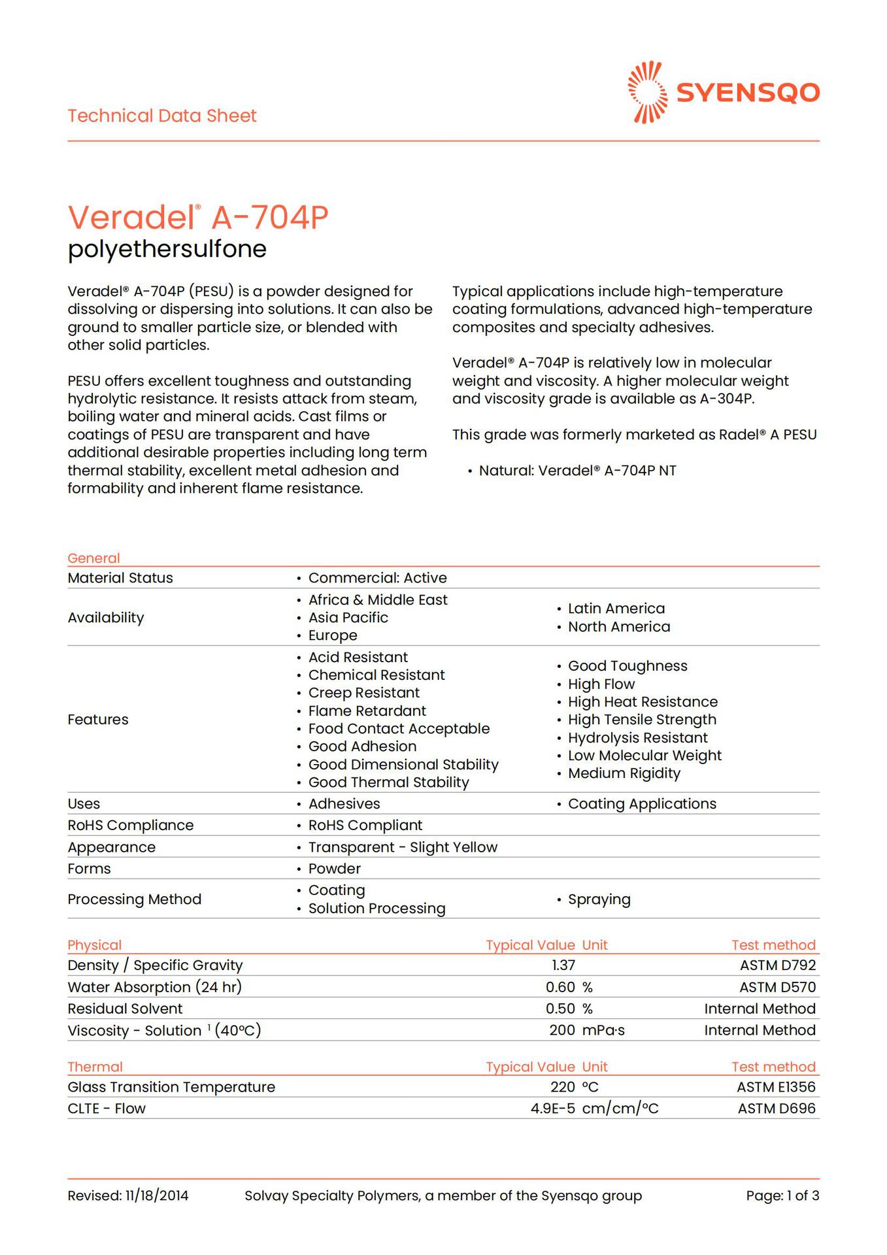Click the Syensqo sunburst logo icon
click(x=647, y=92)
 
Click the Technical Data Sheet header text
click(x=162, y=116)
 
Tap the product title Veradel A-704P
click(x=198, y=217)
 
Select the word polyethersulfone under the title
click(x=167, y=249)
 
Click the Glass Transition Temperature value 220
click(x=562, y=1086)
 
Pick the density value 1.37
click(x=563, y=965)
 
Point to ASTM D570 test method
click(x=777, y=987)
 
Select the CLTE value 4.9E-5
click(x=552, y=1108)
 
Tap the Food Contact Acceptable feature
click(x=399, y=728)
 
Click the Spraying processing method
click(x=599, y=899)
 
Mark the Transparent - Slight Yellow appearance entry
click(x=403, y=847)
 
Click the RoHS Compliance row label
click(x=131, y=825)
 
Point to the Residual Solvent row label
click(x=125, y=1009)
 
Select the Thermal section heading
click(x=95, y=1067)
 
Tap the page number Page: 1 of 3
click(x=782, y=1196)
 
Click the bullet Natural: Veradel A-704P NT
click(x=577, y=471)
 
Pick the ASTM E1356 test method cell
click(x=776, y=1086)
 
